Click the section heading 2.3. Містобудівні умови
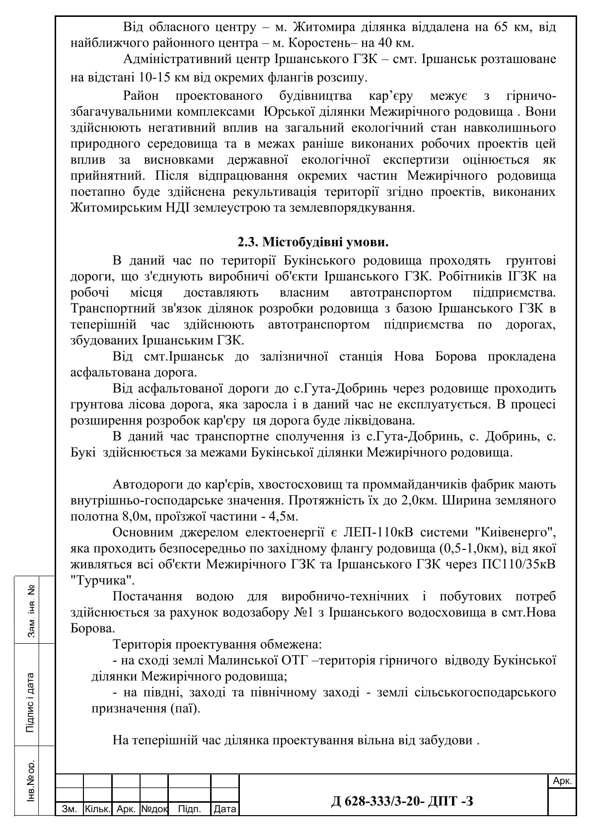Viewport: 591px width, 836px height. pos(312,243)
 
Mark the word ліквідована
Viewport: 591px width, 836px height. pos(382,420)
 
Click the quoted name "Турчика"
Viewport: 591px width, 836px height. pos(102,580)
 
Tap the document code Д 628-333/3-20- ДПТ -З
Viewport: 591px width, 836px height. pos(402,801)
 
